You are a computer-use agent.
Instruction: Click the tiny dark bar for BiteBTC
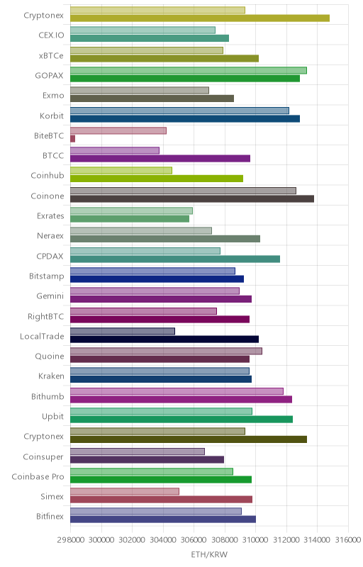tap(73, 138)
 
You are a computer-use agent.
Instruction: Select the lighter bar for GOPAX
tap(189, 70)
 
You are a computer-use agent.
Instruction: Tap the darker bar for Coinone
tap(192, 198)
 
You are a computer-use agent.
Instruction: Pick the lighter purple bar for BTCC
tap(115, 150)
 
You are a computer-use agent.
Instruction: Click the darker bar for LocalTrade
tap(164, 339)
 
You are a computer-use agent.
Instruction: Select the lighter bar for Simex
tap(125, 491)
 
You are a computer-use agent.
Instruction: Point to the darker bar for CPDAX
tap(175, 259)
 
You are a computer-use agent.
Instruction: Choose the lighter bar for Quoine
tap(166, 351)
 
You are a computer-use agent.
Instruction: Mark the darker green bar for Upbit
tap(181, 419)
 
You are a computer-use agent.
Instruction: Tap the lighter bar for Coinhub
tap(121, 170)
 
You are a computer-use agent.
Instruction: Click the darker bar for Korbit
tap(185, 118)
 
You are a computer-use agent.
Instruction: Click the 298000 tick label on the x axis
tap(71, 540)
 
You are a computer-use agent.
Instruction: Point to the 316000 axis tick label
tap(348, 540)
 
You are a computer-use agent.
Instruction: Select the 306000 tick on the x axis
tap(194, 540)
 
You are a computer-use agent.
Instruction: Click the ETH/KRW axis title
tap(209, 555)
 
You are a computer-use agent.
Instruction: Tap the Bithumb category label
tap(48, 396)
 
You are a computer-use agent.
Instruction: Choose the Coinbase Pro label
tap(38, 476)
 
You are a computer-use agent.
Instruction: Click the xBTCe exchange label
tap(51, 56)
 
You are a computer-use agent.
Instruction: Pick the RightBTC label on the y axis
tap(45, 316)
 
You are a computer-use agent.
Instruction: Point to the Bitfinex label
tap(50, 517)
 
